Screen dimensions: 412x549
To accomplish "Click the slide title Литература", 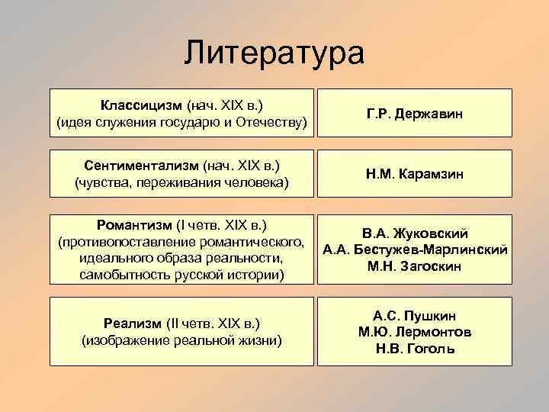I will (274, 55).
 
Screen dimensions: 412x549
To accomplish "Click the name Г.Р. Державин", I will (414, 114).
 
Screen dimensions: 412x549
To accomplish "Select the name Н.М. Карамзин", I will (414, 175).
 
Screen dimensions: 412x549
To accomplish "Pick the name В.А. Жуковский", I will (415, 233).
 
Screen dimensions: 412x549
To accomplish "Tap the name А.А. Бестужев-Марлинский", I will (415, 249).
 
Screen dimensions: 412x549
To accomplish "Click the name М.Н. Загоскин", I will (415, 266).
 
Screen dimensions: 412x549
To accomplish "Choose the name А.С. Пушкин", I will (415, 315).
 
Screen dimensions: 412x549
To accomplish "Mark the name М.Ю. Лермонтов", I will (415, 332).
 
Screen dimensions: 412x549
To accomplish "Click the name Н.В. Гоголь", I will (415, 349).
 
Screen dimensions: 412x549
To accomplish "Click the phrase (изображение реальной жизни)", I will (181, 340).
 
